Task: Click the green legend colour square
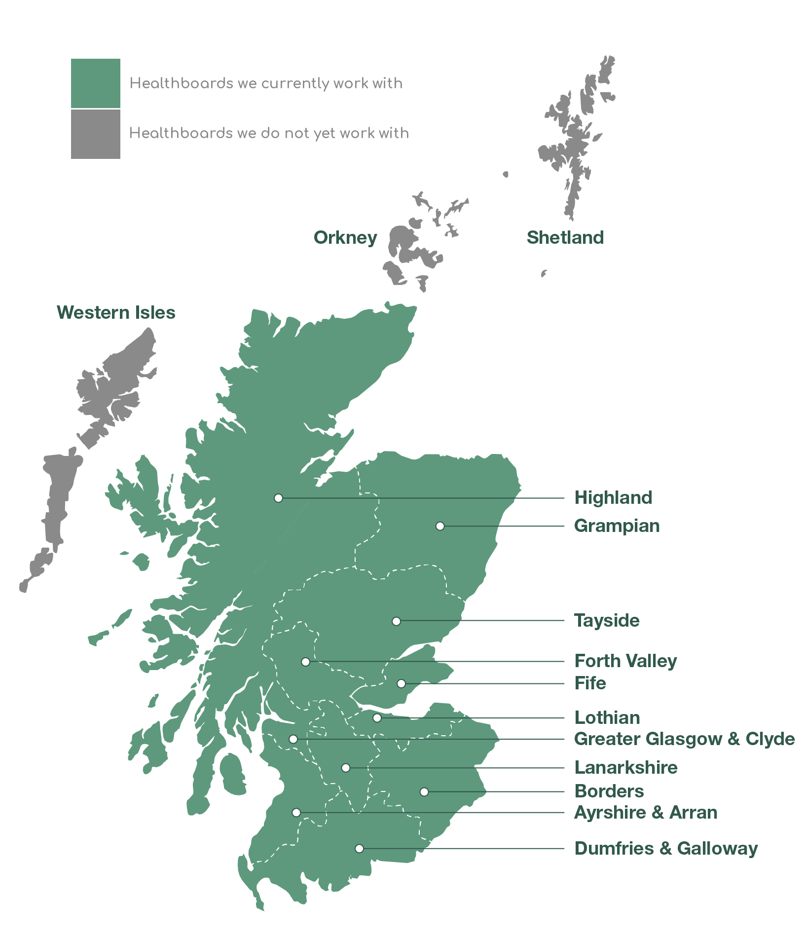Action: click(x=95, y=83)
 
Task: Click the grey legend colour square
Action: click(x=95, y=134)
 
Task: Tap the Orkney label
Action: click(x=345, y=237)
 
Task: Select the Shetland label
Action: click(x=565, y=237)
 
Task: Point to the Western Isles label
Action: click(x=116, y=312)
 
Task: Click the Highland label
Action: click(x=613, y=497)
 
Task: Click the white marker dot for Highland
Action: click(x=279, y=498)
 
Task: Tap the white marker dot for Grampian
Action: click(x=440, y=526)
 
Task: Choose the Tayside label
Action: click(x=607, y=620)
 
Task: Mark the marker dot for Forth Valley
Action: click(x=306, y=662)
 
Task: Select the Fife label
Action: click(x=590, y=683)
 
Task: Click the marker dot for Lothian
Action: click(x=377, y=718)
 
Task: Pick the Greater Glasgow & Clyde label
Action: click(x=684, y=739)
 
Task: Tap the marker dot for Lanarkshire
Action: click(x=346, y=768)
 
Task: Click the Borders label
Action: click(x=609, y=791)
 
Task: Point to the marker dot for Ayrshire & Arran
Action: click(x=296, y=812)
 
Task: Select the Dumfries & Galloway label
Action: click(x=666, y=848)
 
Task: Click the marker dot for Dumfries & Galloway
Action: click(x=360, y=848)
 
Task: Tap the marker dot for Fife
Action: click(x=402, y=683)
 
